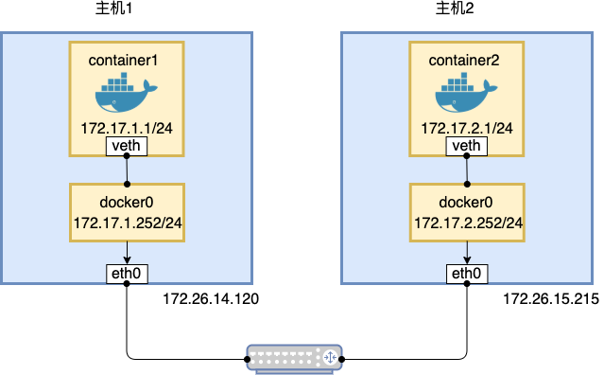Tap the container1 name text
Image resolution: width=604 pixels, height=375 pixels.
(127, 60)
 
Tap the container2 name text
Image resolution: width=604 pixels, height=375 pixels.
(466, 60)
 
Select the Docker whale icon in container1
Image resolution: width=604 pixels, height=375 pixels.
(126, 94)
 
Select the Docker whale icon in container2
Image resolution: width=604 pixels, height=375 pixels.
(465, 94)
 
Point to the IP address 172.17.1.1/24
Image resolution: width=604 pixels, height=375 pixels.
(127, 127)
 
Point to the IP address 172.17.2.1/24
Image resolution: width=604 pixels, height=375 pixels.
(466, 127)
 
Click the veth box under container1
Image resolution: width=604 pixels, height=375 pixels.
(127, 146)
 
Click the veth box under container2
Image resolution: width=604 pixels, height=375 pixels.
(466, 146)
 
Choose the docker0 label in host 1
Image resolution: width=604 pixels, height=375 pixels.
(127, 203)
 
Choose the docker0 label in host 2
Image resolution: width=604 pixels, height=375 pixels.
(466, 203)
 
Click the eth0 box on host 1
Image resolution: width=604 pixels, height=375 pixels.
(127, 275)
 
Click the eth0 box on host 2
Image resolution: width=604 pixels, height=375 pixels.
(466, 275)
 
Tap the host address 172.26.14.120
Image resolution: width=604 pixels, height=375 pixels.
(211, 299)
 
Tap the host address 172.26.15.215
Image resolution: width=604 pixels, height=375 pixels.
(550, 299)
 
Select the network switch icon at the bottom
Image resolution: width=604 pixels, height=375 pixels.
(295, 358)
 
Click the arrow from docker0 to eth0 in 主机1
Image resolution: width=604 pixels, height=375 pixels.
(127, 252)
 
